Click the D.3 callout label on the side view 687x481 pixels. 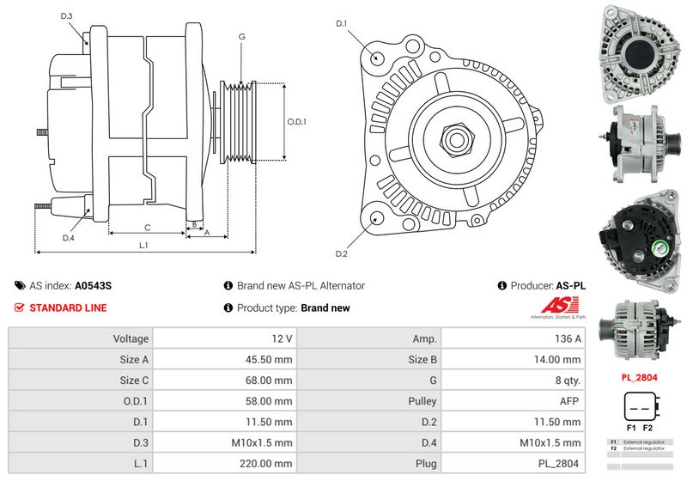[67, 16]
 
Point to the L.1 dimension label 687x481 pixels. [143, 245]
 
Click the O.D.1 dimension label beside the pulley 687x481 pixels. [296, 121]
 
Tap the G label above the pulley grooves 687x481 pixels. [242, 36]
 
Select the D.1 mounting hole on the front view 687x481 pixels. [377, 58]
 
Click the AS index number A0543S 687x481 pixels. [94, 285]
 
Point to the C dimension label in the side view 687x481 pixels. [148, 227]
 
